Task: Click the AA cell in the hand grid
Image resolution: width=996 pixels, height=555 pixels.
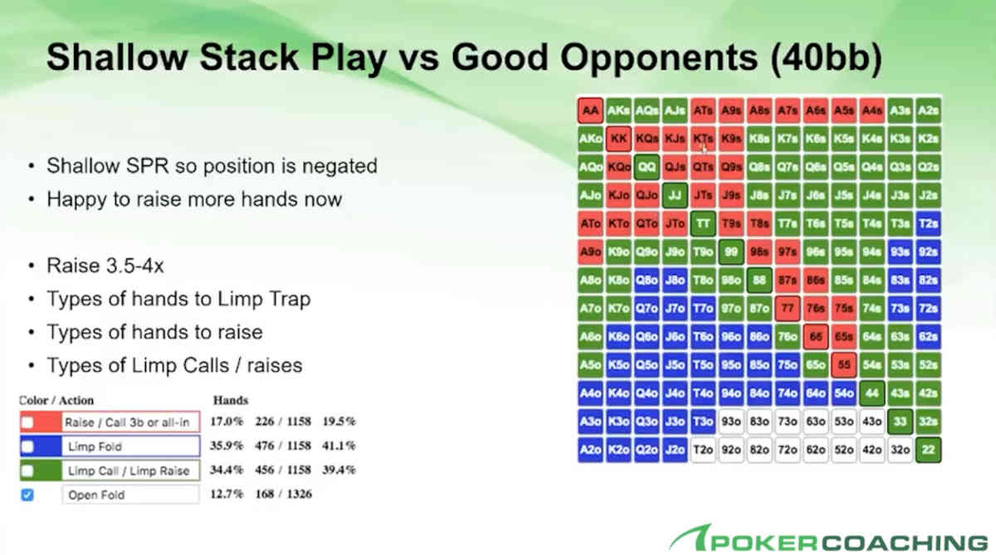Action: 590,110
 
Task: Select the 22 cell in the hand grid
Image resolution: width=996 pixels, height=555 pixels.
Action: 929,449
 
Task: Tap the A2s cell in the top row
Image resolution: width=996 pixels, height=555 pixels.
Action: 929,110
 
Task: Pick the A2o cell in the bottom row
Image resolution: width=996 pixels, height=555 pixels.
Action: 590,449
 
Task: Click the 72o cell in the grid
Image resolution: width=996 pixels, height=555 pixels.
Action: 788,449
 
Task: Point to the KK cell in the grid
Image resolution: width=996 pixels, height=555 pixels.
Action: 618,138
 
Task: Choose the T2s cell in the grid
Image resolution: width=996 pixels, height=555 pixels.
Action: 929,223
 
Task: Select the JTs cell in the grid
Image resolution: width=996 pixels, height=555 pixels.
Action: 703,194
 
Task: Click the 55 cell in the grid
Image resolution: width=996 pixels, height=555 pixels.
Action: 844,364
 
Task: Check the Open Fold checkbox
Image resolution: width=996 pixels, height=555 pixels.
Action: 27,495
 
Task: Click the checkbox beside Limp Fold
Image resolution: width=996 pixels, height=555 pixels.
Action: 27,446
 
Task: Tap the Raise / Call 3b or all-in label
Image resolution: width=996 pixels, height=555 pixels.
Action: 127,422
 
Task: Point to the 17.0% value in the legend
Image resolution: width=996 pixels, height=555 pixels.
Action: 227,422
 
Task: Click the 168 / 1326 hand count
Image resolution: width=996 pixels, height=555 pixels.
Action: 286,495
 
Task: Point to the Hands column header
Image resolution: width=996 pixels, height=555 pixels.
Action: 231,400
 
